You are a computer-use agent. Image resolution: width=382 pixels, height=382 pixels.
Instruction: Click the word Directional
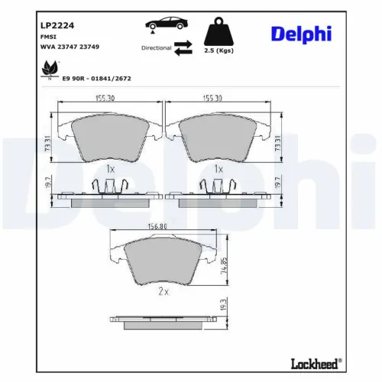(156, 47)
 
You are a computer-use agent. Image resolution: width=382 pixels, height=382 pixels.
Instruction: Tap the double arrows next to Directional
(183, 49)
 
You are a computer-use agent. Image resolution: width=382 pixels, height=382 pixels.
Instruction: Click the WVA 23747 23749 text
(70, 47)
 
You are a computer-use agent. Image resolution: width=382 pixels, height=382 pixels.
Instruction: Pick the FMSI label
(48, 36)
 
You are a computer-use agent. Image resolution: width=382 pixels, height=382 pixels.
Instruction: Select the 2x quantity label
(163, 291)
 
